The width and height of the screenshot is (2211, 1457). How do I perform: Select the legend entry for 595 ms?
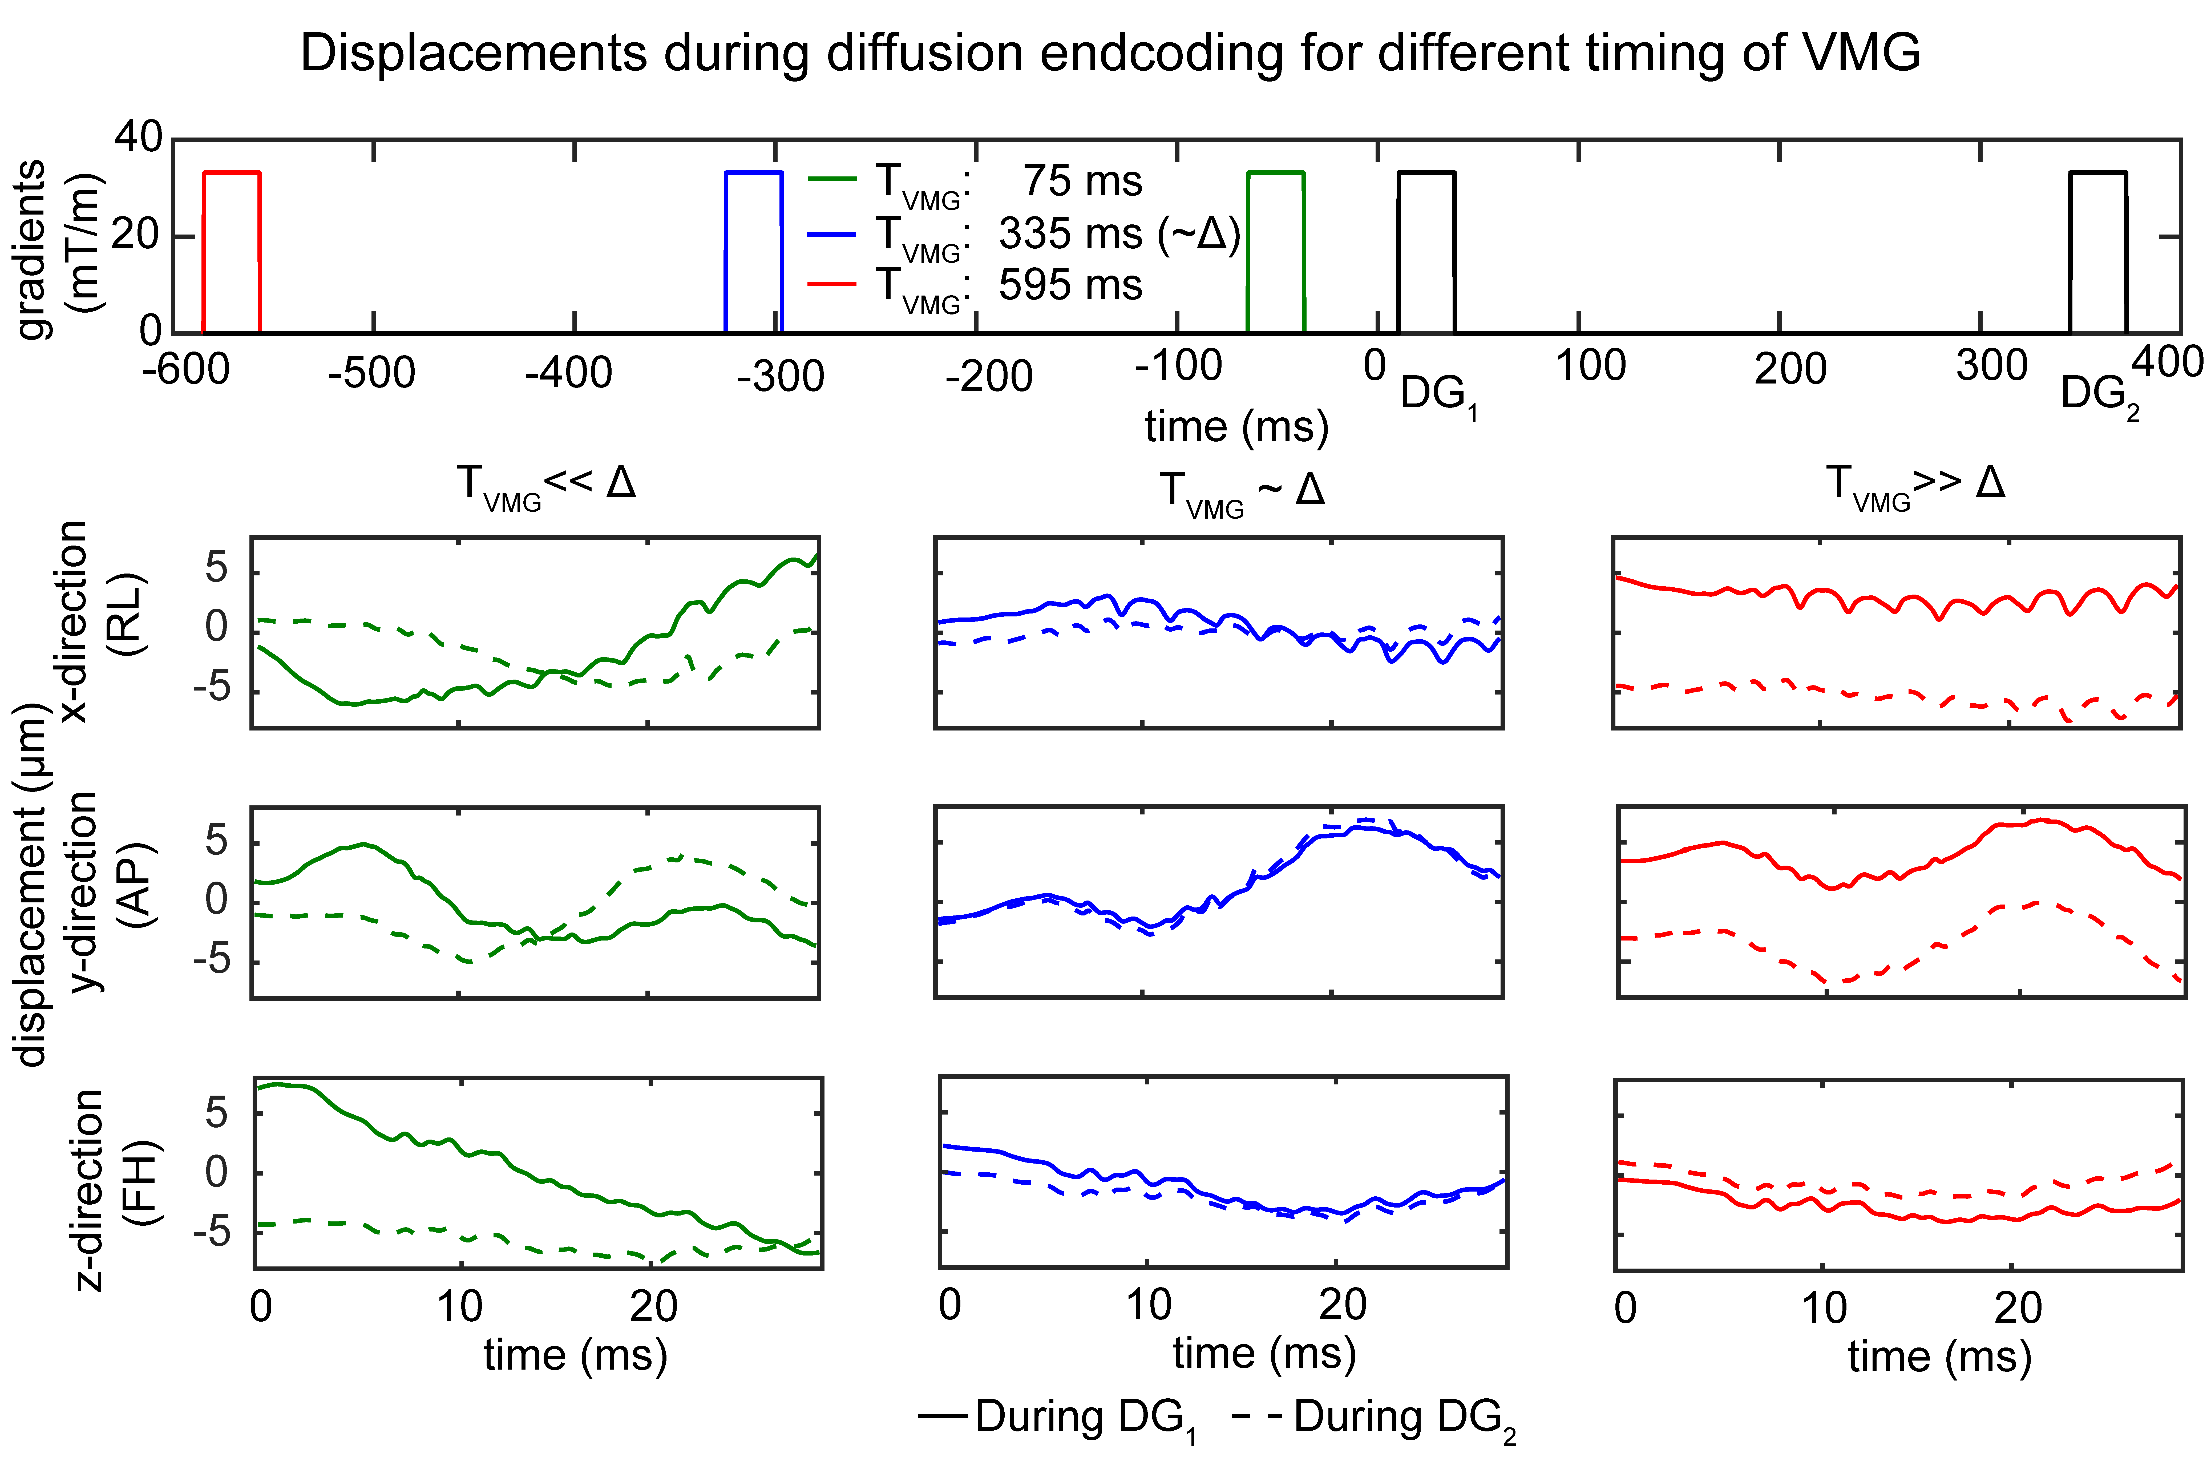tap(975, 285)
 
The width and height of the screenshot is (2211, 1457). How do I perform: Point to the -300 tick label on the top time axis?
tap(780, 376)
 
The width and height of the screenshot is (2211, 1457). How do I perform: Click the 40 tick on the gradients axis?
tap(138, 138)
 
